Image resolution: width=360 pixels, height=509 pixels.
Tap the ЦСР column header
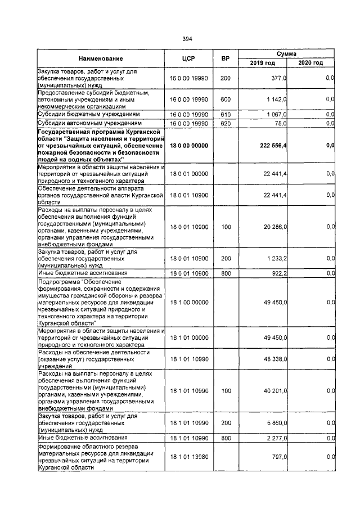tap(188, 58)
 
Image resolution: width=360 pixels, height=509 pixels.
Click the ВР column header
tap(226, 58)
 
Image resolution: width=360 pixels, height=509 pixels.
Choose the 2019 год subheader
tap(262, 62)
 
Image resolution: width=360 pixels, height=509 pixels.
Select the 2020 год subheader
tap(310, 62)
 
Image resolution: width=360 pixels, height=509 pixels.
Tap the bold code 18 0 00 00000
tap(188, 146)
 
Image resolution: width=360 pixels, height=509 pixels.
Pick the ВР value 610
tap(226, 114)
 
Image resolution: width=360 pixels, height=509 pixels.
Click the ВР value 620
tap(226, 123)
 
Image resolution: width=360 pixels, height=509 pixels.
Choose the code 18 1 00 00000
tap(188, 302)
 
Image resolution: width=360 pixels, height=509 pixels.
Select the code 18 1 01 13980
tap(188, 458)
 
